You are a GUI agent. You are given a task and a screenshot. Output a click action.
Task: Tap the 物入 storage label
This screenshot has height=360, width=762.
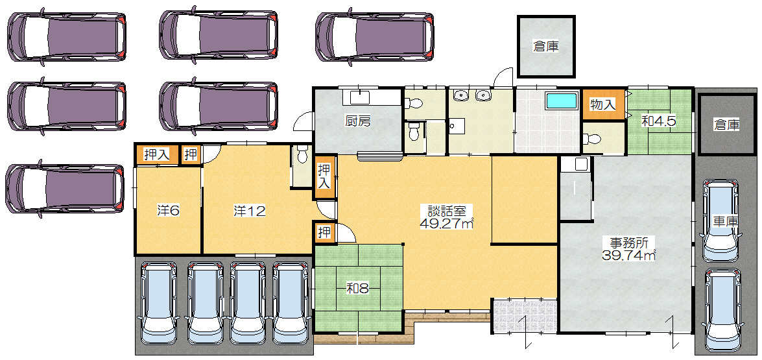603,104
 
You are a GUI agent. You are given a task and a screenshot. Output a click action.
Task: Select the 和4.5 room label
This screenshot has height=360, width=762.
658,121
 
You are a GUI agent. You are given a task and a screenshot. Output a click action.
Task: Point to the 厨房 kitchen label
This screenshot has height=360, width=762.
358,121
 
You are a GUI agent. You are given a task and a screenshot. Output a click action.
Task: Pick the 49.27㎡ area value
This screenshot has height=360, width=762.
447,223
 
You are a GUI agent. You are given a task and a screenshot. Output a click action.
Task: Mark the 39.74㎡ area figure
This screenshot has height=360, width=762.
629,254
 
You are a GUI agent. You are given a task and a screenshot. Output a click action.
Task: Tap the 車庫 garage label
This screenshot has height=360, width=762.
726,221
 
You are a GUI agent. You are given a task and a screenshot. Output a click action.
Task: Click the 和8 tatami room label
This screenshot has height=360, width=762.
358,289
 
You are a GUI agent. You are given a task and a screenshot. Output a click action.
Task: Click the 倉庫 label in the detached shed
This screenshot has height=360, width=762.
545,47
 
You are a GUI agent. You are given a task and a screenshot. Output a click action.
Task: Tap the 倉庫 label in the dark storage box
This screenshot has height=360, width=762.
726,125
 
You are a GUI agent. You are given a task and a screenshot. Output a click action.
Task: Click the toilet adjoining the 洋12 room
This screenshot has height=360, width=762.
302,155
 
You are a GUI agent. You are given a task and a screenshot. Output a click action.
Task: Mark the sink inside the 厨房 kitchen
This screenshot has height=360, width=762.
359,97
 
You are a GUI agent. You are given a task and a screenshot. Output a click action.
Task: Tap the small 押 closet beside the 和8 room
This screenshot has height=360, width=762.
324,232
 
